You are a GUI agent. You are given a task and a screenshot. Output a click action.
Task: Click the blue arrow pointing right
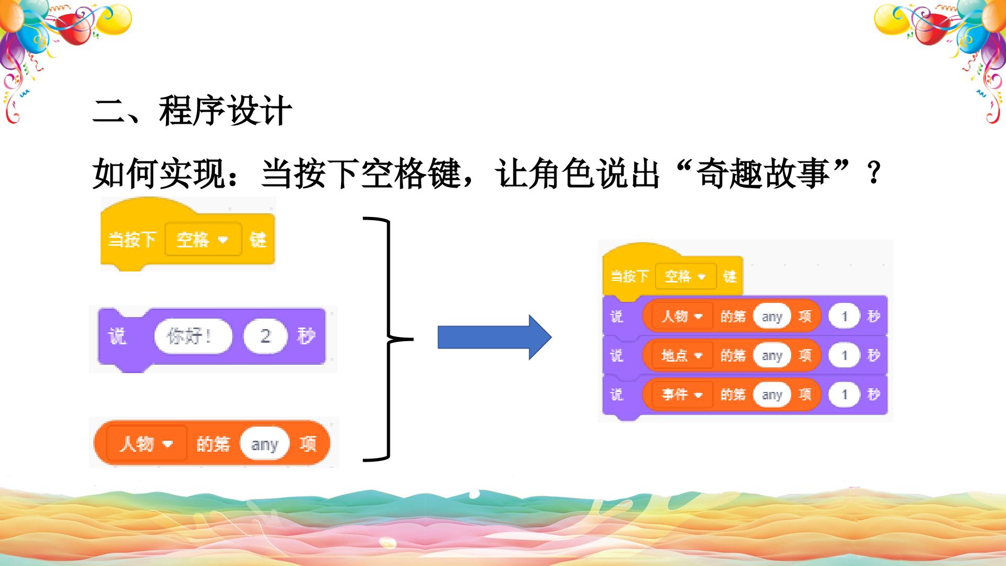click(495, 337)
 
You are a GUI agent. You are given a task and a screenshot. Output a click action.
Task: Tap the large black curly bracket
click(388, 339)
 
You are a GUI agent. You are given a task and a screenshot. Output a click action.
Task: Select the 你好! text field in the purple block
click(193, 336)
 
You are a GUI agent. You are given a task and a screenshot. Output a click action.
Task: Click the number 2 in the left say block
click(266, 336)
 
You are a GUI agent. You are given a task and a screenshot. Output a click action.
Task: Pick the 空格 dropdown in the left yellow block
click(203, 240)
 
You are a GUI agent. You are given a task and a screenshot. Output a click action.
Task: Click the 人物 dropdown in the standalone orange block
click(147, 444)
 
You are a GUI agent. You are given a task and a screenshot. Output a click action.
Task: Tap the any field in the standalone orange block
click(265, 444)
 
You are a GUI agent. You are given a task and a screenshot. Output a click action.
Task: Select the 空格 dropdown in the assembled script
click(685, 276)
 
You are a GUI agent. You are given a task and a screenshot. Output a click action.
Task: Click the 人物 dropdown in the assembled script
click(682, 316)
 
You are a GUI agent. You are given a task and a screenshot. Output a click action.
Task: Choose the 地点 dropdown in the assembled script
click(682, 355)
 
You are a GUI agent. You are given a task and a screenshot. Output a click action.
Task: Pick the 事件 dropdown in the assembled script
click(682, 394)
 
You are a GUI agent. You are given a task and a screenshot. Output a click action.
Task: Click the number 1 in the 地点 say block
click(844, 355)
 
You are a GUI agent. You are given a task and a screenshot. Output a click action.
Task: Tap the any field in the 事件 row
click(772, 395)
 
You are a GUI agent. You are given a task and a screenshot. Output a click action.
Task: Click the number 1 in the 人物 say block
click(844, 316)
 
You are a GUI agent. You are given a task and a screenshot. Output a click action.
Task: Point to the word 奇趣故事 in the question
click(763, 173)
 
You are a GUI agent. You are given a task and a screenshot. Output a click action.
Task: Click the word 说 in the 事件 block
click(617, 394)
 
